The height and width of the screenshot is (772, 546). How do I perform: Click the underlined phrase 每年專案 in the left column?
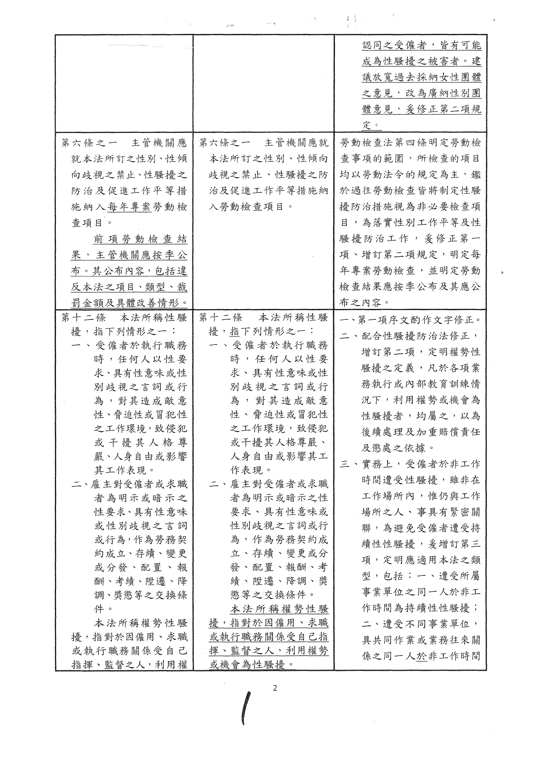tap(129, 207)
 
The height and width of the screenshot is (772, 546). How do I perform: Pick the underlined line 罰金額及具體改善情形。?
tap(129, 303)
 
